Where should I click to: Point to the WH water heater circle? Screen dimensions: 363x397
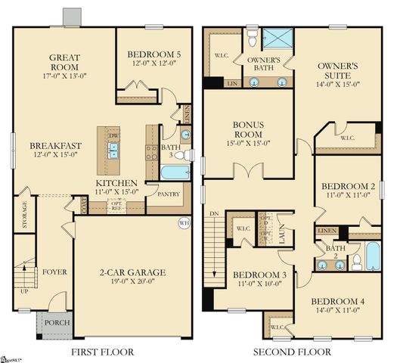184,223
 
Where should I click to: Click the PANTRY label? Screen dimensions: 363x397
168,194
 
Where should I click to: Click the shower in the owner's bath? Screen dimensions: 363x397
279,36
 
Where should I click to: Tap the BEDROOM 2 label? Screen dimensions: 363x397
348,191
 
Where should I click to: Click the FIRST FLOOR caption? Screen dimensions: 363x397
102,352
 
